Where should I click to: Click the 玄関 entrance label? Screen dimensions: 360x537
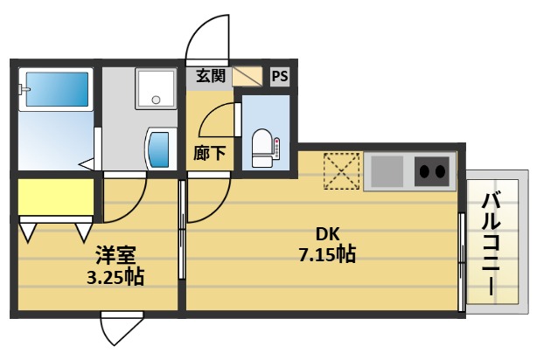tap(210, 76)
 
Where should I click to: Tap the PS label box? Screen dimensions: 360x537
tap(280, 76)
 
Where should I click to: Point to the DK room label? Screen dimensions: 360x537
tap(327, 235)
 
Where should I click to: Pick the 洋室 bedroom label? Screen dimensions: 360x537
tap(115, 257)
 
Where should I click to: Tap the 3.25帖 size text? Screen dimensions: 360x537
tap(115, 278)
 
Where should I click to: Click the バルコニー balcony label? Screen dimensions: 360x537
tap(490, 244)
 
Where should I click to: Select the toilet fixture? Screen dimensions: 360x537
tap(262, 146)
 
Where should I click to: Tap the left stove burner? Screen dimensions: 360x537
tap(423, 171)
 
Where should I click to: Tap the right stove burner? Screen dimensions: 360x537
tap(443, 171)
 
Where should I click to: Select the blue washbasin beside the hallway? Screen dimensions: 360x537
tap(159, 150)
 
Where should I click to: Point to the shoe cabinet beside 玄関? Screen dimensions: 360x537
tap(248, 76)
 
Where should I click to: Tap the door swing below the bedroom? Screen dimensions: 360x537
tap(120, 330)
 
